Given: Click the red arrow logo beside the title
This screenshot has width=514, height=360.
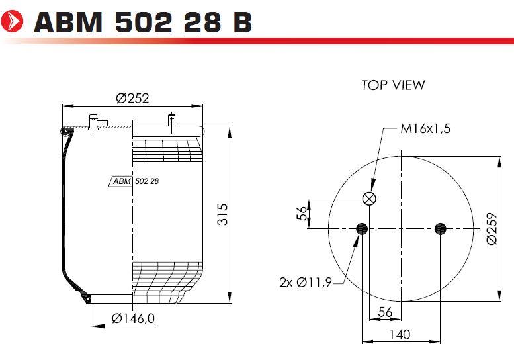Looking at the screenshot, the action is (12, 21).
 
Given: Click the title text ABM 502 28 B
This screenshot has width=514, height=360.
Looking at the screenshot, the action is (143, 22).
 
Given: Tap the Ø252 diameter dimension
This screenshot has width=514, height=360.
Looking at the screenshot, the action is (132, 98).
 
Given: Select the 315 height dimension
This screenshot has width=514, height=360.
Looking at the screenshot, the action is (222, 214).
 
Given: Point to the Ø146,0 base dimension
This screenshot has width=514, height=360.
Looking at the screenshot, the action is (133, 318).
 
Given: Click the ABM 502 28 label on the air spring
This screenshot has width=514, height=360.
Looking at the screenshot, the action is (134, 181).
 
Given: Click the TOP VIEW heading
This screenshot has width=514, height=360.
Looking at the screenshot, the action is (393, 85).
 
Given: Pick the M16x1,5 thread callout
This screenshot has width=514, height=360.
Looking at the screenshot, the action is (425, 129).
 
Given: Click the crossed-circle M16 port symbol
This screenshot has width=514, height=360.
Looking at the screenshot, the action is (369, 199).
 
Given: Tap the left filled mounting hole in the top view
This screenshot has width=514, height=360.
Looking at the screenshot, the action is (362, 228).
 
